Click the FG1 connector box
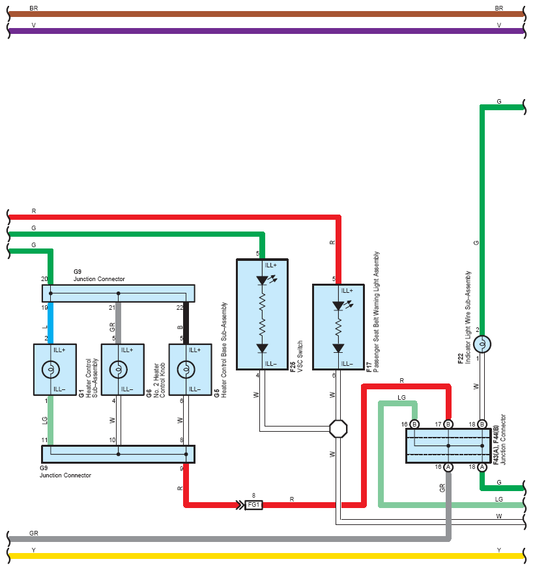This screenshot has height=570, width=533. point(253,505)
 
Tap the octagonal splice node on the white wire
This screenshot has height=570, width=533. point(338,429)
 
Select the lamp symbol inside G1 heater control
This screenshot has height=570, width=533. point(50,369)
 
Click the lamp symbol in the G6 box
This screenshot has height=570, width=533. point(118,369)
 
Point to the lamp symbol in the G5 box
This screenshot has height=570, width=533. point(186,369)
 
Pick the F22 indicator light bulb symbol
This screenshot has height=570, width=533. point(482,344)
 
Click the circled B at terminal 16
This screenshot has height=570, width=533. point(414,424)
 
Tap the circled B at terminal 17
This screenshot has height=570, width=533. point(448,424)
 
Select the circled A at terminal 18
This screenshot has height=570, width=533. point(482,467)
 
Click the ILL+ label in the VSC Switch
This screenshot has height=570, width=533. point(271,265)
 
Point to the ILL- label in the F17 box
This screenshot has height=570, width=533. point(347,363)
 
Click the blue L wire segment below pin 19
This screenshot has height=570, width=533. point(50,323)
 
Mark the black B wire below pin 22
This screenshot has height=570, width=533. point(186,323)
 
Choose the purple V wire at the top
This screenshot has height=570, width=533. point(266,31)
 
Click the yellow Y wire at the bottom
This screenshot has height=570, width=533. point(266,556)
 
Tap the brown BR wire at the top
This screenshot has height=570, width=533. point(266,14)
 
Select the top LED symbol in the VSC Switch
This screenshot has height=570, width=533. point(262,280)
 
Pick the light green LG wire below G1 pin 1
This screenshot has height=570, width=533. point(50,420)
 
